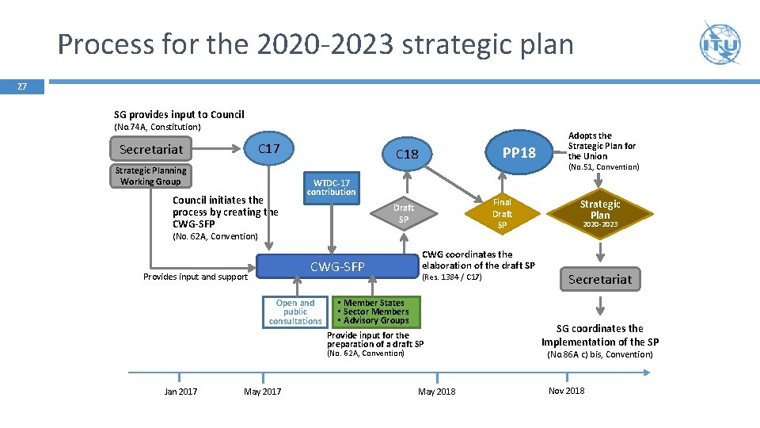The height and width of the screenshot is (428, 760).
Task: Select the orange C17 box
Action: coord(269,149)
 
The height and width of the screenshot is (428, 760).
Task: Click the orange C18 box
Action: coord(406,154)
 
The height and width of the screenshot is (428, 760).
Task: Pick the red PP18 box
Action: coord(519,152)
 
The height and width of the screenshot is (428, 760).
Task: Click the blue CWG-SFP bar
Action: coord(337,267)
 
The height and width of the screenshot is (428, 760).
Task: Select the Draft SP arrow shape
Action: coord(404,213)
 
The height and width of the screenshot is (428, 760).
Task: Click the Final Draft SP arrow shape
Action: coord(502,213)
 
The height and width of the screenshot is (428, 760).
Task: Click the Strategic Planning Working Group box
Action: coord(150,176)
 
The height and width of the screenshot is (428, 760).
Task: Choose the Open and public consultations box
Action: coord(295,312)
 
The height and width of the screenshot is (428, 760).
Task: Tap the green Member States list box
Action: coord(376,311)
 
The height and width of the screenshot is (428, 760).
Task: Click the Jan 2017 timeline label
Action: coord(180,392)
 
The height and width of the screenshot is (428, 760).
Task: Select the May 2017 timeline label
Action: coord(262,392)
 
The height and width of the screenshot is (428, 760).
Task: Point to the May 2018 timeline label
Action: coord(436,392)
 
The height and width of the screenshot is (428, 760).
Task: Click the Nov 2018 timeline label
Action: coord(566,391)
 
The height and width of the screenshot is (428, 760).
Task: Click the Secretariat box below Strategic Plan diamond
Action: coord(601,279)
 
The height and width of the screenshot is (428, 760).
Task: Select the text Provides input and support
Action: coord(196,277)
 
